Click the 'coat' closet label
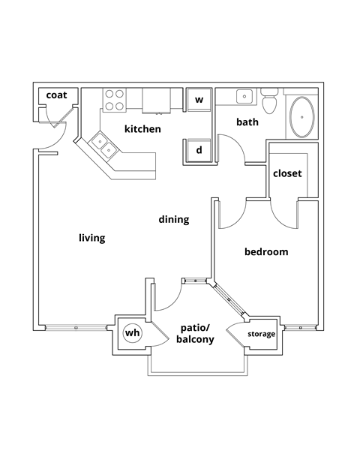point(57,95)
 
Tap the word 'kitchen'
point(142,129)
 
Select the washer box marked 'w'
point(199,99)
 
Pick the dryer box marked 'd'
point(199,150)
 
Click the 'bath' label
point(247,122)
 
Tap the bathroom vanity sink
point(244,96)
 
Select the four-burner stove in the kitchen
point(114,101)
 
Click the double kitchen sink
point(103,144)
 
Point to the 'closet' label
point(286,173)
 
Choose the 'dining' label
point(173,220)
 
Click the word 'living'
point(91,238)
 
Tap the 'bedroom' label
point(266,252)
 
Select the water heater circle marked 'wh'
point(132,332)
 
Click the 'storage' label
point(262,334)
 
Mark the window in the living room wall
point(75,328)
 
